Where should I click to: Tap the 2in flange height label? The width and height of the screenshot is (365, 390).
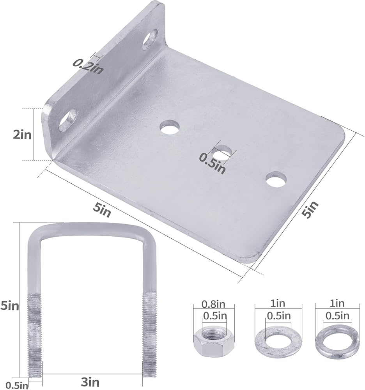[x=22, y=135]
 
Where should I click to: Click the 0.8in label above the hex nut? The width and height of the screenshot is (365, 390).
[x=213, y=304]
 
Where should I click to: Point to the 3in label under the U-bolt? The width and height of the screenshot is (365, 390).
[x=90, y=382]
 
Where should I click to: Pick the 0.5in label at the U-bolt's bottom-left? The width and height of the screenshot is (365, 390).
[x=17, y=386]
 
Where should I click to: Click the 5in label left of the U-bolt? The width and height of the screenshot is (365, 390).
[x=9, y=305]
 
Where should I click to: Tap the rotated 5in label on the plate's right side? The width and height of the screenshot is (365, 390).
[x=310, y=210]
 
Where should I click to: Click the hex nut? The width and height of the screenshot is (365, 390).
[x=214, y=340]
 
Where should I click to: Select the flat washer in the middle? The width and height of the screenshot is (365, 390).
[x=278, y=340]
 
